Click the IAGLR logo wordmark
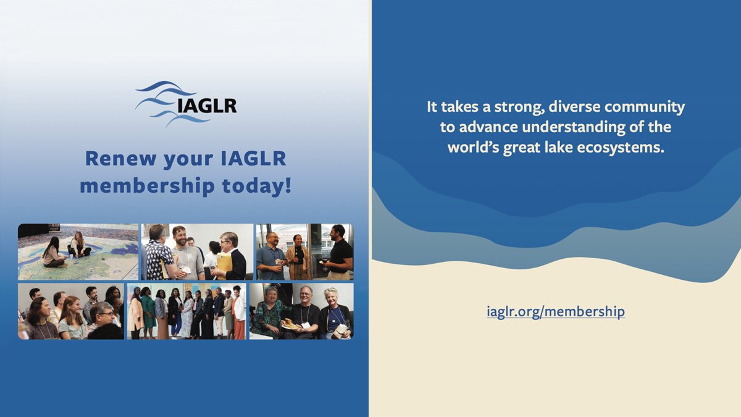pyautogui.click(x=206, y=106)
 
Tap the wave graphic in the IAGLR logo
pyautogui.click(x=162, y=102)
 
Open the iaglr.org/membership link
pyautogui.click(x=555, y=311)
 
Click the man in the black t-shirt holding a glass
pyautogui.click(x=339, y=251)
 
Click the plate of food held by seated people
pyautogui.click(x=290, y=323)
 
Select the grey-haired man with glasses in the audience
pyautogui.click(x=103, y=318)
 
